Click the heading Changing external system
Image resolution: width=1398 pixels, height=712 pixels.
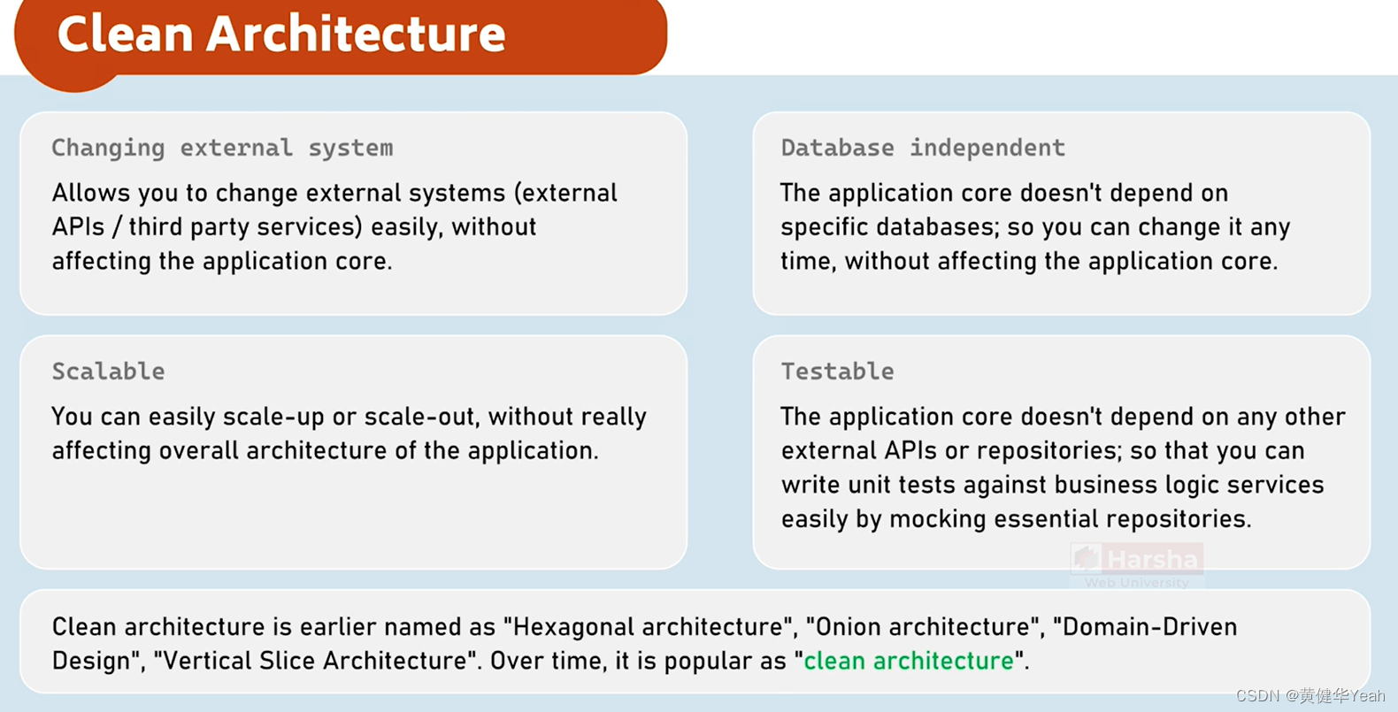pos(222,148)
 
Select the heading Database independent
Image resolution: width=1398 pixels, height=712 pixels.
pos(922,148)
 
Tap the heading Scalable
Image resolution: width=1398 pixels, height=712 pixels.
pos(108,371)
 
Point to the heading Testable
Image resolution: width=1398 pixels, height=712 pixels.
pos(837,371)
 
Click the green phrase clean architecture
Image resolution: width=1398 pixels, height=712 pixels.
pos(908,661)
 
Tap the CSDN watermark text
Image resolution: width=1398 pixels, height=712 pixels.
pos(1310,695)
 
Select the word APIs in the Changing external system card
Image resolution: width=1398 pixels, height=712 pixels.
pos(78,227)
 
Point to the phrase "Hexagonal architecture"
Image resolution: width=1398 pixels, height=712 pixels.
pos(648,627)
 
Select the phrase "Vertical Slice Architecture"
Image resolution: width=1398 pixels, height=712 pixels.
pos(316,661)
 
